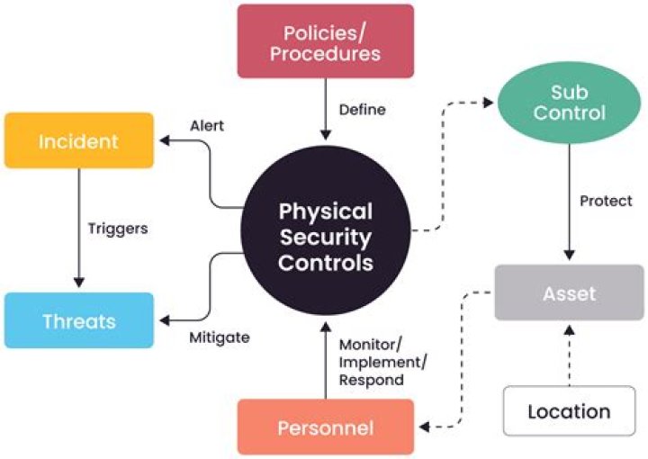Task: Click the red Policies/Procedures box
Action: point(325,41)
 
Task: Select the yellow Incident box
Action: point(78,140)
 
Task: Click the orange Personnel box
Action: point(325,427)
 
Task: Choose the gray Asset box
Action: point(569,293)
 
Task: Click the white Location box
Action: point(569,411)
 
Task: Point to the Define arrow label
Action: point(362,110)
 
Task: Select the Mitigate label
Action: point(219,338)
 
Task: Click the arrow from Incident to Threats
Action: point(78,225)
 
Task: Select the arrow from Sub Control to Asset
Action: point(567,198)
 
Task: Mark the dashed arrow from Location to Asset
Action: point(568,355)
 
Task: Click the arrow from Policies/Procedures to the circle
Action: point(325,108)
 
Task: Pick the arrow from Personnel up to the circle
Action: point(325,360)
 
